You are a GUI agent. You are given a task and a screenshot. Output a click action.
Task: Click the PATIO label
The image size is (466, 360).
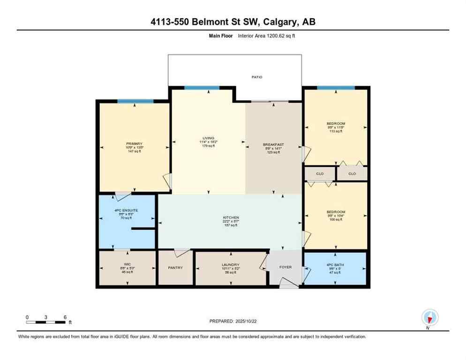[256, 77]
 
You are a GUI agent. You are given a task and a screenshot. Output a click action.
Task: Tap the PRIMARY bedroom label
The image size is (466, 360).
[134, 144]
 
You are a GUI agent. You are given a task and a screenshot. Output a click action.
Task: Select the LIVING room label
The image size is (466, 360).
[208, 138]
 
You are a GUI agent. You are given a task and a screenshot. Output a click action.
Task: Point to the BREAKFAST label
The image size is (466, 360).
[273, 144]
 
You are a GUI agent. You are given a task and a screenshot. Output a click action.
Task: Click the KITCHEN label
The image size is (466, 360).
[231, 217]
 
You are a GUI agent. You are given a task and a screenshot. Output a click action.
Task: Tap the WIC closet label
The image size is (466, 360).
[127, 264]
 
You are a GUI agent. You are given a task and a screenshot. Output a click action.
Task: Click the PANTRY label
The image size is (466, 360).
[175, 268]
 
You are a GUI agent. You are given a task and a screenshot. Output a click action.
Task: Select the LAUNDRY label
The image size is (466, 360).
[230, 264]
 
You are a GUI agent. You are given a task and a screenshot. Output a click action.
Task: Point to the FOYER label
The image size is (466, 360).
[286, 267]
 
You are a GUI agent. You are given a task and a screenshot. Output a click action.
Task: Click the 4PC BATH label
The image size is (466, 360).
[336, 264]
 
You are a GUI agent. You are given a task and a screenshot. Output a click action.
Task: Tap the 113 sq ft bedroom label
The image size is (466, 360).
[336, 124]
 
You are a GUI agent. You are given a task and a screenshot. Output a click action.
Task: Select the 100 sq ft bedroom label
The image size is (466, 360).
[336, 212]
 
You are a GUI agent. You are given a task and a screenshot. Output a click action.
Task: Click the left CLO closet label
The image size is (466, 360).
[320, 174]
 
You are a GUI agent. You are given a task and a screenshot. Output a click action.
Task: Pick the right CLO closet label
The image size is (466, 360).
[352, 174]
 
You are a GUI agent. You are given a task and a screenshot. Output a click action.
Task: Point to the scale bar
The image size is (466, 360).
[46, 322]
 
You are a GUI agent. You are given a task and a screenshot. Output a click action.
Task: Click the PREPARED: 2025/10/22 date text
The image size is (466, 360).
[233, 321]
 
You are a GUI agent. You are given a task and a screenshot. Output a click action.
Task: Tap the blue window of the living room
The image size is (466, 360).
[202, 88]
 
